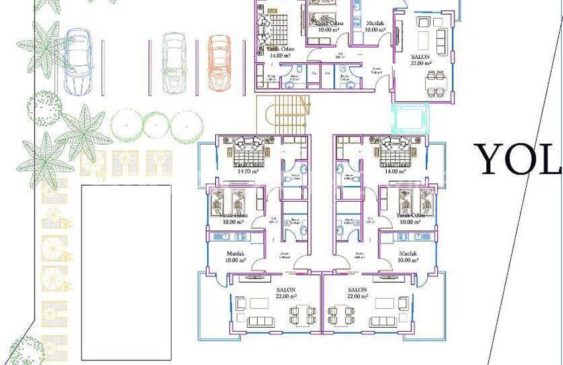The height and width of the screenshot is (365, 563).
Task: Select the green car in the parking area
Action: tap(174, 62)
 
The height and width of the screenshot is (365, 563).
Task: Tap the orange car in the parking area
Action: tap(219, 62)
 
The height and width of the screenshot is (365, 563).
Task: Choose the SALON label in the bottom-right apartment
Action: tap(357, 290)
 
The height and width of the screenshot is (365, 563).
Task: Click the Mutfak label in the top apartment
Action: tap(375, 23)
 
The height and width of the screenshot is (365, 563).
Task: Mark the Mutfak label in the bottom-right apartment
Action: tap(408, 254)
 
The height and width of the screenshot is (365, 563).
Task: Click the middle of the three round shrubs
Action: tap(156, 123)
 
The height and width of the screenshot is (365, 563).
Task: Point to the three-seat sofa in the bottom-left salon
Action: tap(262, 322)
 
